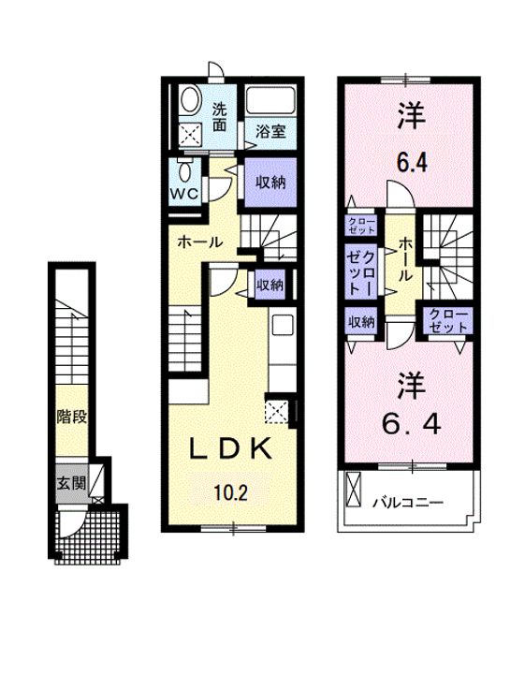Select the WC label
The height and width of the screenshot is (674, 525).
tap(182, 194)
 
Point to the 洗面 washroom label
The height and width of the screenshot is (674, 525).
tap(219, 114)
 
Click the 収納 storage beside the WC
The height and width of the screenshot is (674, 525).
tap(270, 182)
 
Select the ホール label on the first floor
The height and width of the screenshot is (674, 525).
tap(199, 242)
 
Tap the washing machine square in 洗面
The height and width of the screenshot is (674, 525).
tap(192, 136)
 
